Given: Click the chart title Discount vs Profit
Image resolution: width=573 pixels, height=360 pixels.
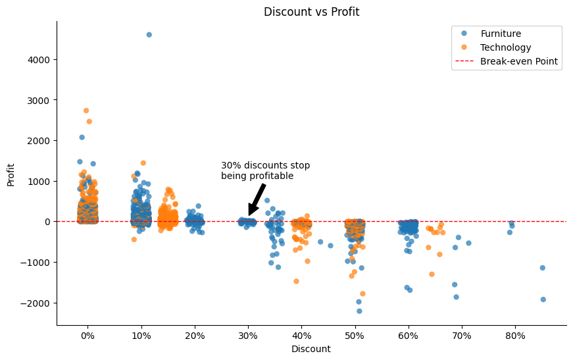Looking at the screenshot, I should [311, 12].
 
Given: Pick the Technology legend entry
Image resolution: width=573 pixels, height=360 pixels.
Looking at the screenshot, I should [505, 47].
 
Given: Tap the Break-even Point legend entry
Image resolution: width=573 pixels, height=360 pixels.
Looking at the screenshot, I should [518, 61].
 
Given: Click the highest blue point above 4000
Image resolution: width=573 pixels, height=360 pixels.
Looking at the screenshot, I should [149, 35].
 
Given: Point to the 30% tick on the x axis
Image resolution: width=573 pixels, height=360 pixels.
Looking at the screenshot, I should [248, 336].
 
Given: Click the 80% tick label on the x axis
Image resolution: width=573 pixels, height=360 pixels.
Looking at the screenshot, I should [515, 336].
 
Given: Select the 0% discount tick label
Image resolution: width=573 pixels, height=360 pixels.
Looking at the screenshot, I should [87, 336].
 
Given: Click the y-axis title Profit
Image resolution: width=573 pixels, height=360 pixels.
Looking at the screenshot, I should [11, 173].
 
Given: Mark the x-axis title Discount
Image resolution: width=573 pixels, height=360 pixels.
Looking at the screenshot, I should [311, 349].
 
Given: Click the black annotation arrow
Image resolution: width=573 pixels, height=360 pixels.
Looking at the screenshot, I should [257, 199].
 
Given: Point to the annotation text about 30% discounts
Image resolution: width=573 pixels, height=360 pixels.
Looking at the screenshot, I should [265, 170].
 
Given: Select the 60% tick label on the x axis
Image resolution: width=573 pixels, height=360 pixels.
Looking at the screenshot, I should [409, 336].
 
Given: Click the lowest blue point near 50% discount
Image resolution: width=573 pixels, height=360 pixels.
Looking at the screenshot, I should [359, 311].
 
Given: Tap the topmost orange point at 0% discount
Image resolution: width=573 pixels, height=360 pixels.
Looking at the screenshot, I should [86, 111].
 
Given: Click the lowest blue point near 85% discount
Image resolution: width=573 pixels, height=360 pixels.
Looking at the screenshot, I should [543, 299].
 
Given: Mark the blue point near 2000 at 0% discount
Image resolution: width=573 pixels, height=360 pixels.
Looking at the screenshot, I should [82, 138].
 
